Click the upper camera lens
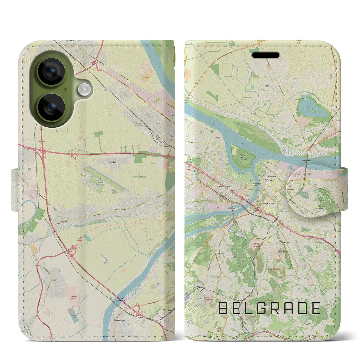(x=51, y=71)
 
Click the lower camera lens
(x=51, y=107)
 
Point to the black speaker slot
(x=265, y=55)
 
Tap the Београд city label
(x=268, y=179)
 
